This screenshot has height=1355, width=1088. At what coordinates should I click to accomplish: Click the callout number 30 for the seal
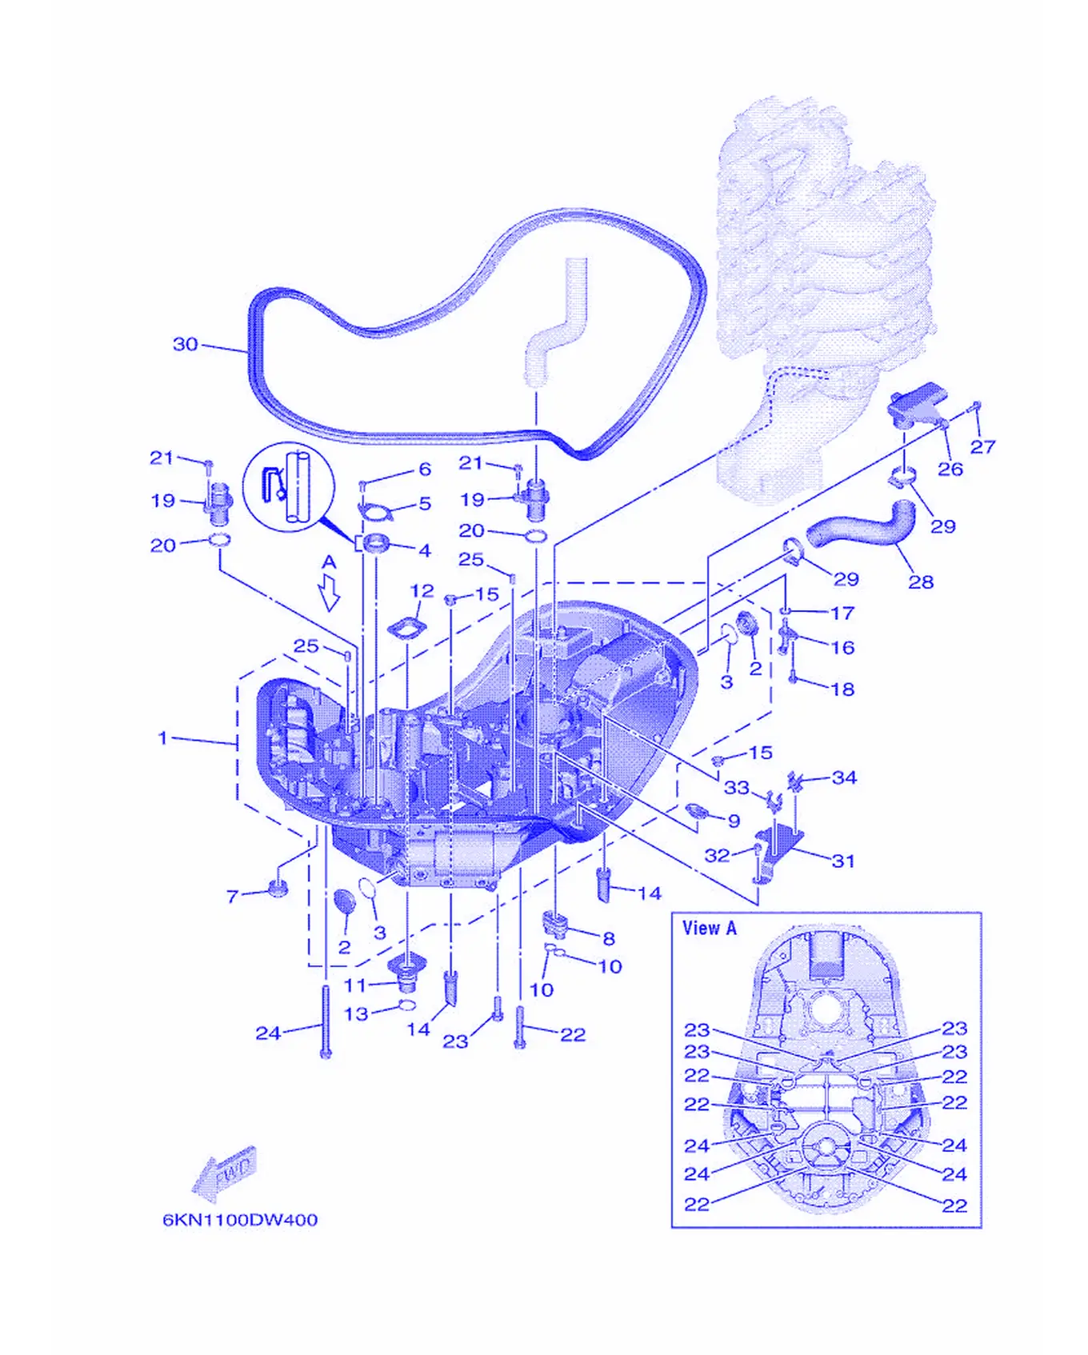click(185, 344)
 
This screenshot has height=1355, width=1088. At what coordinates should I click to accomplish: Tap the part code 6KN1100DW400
click(240, 1220)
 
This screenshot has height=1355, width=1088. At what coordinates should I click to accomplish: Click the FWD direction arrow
click(226, 1173)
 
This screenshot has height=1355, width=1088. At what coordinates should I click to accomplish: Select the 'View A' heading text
click(709, 928)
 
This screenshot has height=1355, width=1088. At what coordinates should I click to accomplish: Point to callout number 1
click(163, 737)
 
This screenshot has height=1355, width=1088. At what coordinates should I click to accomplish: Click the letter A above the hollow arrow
click(329, 562)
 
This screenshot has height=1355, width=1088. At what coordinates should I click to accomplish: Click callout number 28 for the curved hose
click(921, 582)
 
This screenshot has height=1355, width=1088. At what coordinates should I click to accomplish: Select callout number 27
click(982, 446)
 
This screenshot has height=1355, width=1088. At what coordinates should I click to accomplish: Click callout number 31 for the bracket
click(843, 861)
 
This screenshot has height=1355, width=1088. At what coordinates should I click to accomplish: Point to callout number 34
click(844, 777)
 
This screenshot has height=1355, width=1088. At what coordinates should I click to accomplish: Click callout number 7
click(232, 897)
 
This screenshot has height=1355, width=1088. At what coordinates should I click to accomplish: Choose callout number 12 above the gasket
click(422, 590)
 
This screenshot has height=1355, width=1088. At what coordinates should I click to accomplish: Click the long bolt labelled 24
click(325, 1021)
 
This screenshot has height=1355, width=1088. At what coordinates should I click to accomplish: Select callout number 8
click(609, 937)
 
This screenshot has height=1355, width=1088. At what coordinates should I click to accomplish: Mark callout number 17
click(842, 613)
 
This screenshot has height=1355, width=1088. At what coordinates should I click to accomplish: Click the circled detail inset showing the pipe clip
click(288, 487)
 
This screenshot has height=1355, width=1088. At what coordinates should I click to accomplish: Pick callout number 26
click(950, 469)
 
